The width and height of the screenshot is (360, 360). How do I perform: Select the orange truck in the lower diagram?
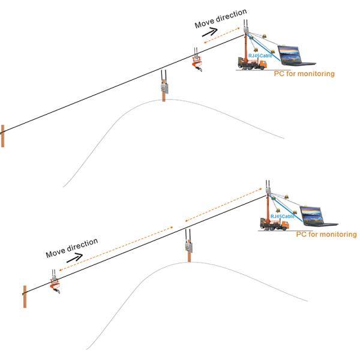click(274, 223)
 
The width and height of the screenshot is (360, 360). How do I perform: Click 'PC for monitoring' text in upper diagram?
click(304, 73)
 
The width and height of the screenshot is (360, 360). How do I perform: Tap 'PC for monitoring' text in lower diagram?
click(326, 234)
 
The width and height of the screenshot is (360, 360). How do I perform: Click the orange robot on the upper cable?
click(196, 61)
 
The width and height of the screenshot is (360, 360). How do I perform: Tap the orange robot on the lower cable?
click(55, 281)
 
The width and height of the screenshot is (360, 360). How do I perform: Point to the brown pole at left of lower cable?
click(25, 296)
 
